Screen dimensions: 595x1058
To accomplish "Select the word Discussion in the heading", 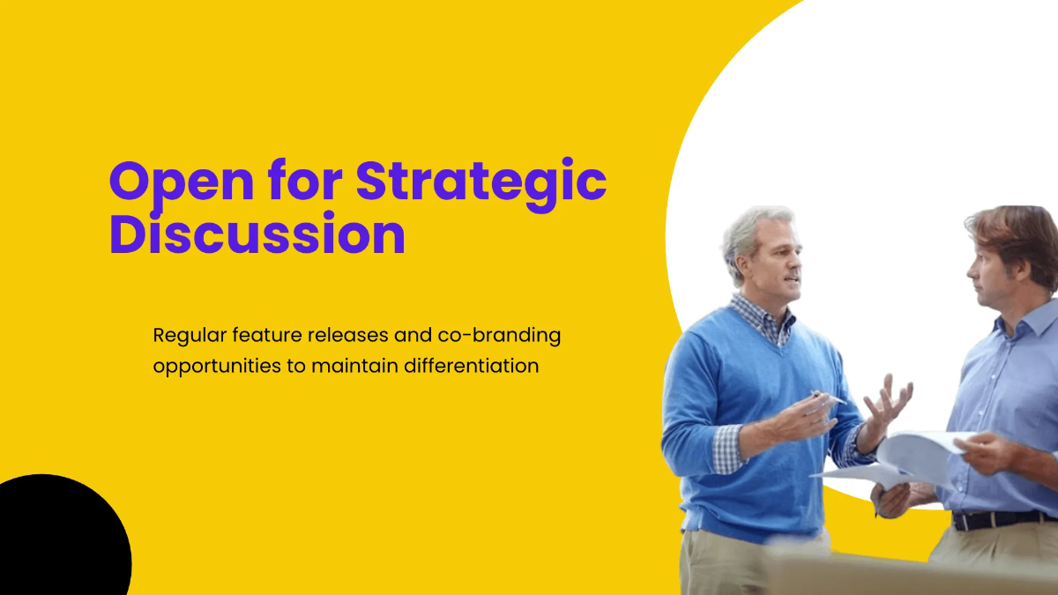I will pos(257,234).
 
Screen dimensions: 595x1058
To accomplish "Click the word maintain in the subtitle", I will pos(353,365).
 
